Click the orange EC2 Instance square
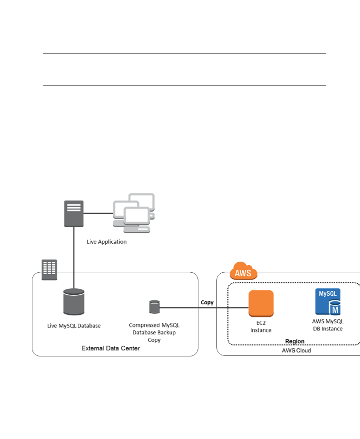pos(261,303)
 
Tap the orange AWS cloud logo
pos(243,271)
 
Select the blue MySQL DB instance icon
pos(328,302)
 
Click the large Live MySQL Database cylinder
pos(74,302)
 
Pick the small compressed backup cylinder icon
pos(154,307)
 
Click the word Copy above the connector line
pos(207,302)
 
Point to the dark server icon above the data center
pos(74,214)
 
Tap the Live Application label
pos(107,242)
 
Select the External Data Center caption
pos(111,348)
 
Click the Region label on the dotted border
pos(295,341)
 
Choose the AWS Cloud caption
pos(296,350)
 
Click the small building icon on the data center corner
pos(49,270)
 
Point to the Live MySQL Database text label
pos(74,326)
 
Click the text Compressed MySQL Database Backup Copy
pos(154,332)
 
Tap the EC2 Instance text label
pos(261,326)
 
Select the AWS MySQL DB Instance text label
pos(328,325)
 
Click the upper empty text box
pos(184,61)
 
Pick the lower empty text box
pos(184,93)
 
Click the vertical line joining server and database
pos(74,257)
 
